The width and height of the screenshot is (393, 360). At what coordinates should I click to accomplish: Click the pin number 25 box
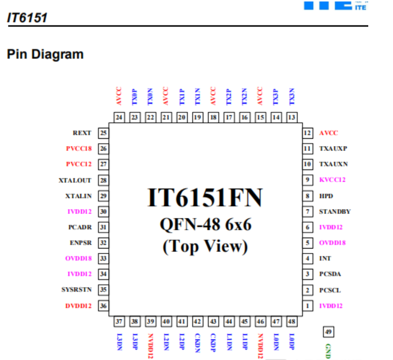coord(103,133)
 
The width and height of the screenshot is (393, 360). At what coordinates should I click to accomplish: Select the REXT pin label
coord(82,133)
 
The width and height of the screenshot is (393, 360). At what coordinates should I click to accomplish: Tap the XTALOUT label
coord(75,180)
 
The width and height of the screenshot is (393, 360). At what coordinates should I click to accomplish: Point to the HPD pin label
coord(326,196)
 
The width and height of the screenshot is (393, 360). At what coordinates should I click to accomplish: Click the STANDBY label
coord(335,212)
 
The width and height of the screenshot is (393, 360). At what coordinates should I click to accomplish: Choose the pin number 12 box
coord(307,133)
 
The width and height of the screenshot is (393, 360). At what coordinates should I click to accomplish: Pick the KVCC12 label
coord(332,180)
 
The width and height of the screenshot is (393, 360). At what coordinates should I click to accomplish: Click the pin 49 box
coord(327,331)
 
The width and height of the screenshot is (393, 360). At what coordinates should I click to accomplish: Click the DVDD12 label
coord(78,306)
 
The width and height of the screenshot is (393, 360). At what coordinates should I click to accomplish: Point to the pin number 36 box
coord(103,306)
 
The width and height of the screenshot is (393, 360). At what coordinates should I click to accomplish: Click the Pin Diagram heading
coord(45,54)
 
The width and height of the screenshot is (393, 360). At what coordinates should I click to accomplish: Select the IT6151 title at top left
coord(27,18)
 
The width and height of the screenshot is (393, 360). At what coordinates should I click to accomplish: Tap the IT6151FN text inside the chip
coord(205,198)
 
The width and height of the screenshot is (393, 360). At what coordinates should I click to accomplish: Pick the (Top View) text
coord(205,246)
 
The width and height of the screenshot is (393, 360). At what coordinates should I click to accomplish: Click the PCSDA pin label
coord(330,274)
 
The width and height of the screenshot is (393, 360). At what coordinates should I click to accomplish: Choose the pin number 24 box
coord(119,117)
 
